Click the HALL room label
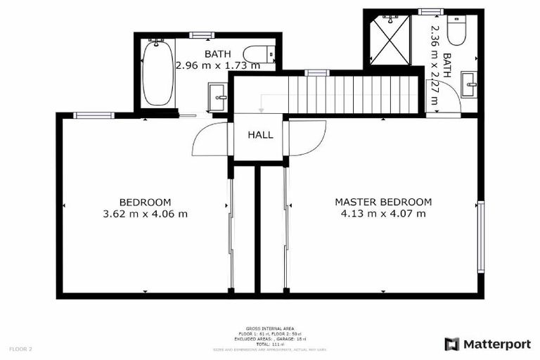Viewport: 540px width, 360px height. pyautogui.click(x=260, y=135)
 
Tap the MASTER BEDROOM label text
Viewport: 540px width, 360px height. pyautogui.click(x=383, y=202)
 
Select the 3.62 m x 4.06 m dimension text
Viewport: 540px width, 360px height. pyautogui.click(x=145, y=214)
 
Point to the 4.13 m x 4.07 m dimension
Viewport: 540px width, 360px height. pyautogui.click(x=383, y=214)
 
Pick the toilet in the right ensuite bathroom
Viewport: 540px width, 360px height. pyautogui.click(x=456, y=30)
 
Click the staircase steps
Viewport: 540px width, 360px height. pyautogui.click(x=354, y=95)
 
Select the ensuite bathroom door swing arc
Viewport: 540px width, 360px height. pyautogui.click(x=442, y=98)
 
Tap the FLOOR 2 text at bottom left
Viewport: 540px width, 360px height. pyautogui.click(x=20, y=349)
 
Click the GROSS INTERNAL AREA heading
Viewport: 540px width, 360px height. pyautogui.click(x=269, y=328)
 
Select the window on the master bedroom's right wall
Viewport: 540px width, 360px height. pyautogui.click(x=481, y=237)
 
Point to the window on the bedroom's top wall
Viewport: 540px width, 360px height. pyautogui.click(x=94, y=115)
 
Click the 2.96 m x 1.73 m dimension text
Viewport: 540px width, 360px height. pyautogui.click(x=217, y=66)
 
